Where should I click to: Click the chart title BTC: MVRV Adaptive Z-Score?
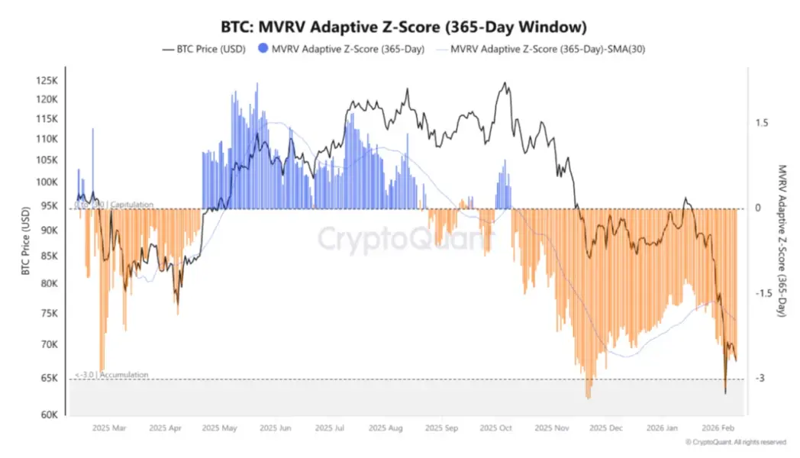click(x=399, y=27)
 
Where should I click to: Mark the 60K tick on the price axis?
click(x=50, y=415)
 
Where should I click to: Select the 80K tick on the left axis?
click(x=50, y=283)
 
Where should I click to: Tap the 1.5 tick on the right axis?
click(x=761, y=123)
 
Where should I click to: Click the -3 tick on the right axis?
click(x=760, y=379)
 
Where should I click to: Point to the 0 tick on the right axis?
click(x=758, y=208)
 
